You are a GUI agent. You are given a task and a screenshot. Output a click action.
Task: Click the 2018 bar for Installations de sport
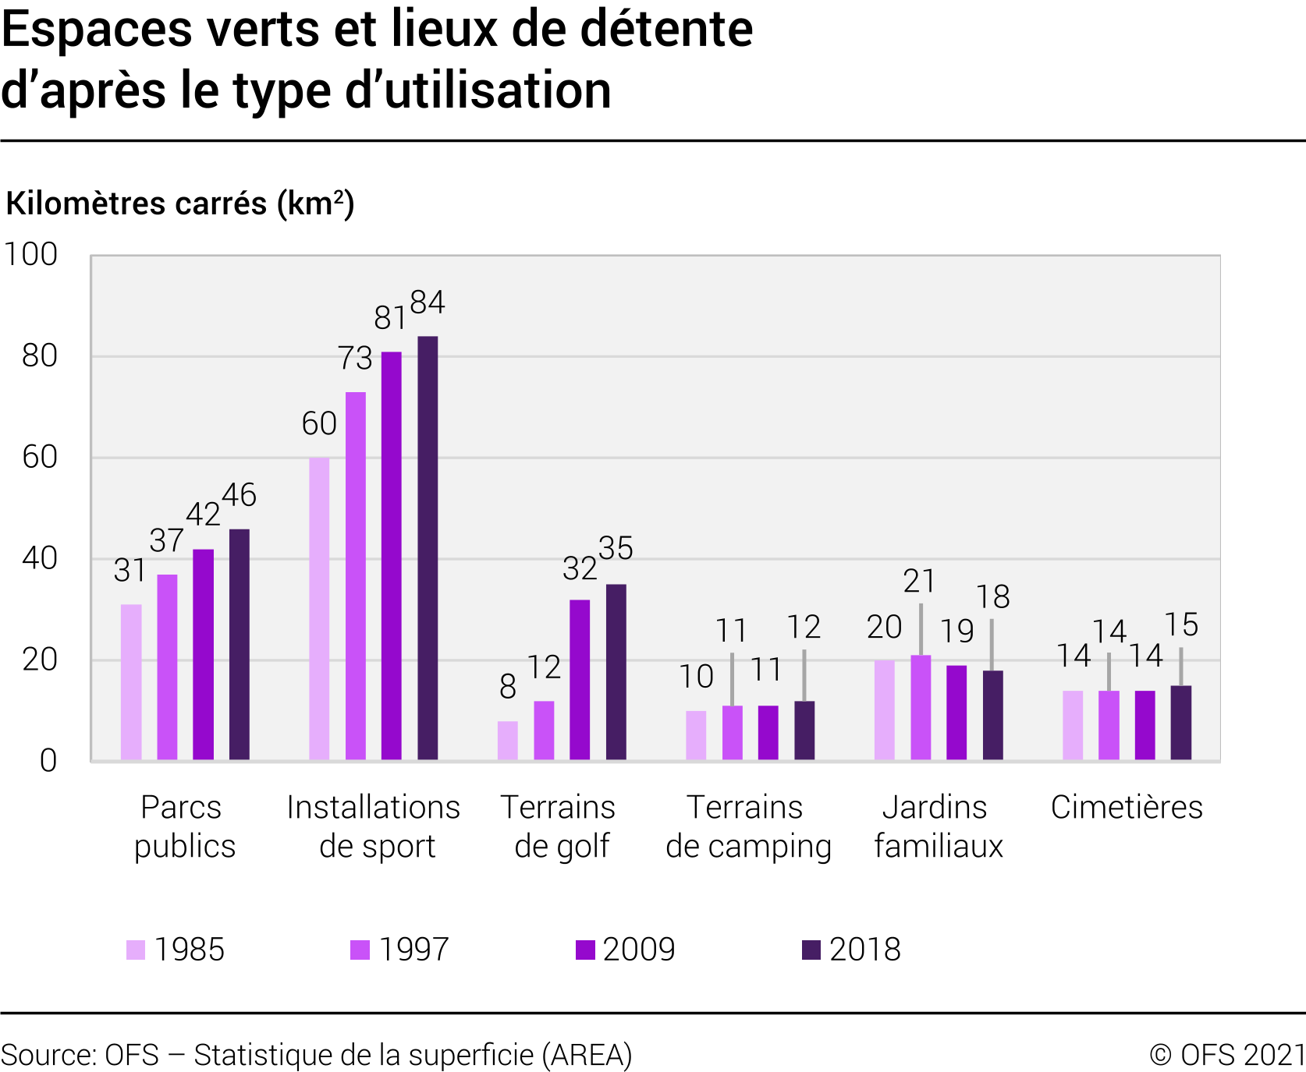(x=428, y=548)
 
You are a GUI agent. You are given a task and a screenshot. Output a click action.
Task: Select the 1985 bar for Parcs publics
(x=131, y=682)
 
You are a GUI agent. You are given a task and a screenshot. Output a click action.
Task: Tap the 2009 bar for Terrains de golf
(x=580, y=680)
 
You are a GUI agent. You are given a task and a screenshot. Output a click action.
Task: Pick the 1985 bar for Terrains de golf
(x=508, y=741)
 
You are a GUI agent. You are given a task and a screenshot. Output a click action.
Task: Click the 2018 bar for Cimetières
(x=1181, y=723)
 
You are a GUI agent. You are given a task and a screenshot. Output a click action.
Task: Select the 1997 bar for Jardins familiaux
(x=921, y=708)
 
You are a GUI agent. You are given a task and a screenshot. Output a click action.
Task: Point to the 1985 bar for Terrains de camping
(x=696, y=735)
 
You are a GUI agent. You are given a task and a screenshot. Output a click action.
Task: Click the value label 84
(x=428, y=302)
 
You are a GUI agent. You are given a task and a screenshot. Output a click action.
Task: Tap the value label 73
(x=355, y=359)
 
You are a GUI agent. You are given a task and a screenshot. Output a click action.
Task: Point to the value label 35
(x=616, y=549)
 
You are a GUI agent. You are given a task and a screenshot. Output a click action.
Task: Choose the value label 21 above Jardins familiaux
(x=920, y=582)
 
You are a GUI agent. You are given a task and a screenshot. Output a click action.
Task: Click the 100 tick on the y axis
(x=31, y=255)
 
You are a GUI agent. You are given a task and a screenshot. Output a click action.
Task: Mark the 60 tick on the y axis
(x=40, y=458)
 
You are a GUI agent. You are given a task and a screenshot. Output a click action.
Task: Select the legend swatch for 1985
(x=136, y=950)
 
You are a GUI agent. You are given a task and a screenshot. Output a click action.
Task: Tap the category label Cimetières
(x=1126, y=808)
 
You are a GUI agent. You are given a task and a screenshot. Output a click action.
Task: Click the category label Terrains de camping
(x=748, y=827)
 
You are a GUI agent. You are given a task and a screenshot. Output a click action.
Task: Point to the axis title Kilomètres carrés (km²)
(x=180, y=203)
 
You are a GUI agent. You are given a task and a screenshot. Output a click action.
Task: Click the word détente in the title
(x=665, y=30)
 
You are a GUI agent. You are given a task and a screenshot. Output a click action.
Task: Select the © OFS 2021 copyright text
(x=1227, y=1055)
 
